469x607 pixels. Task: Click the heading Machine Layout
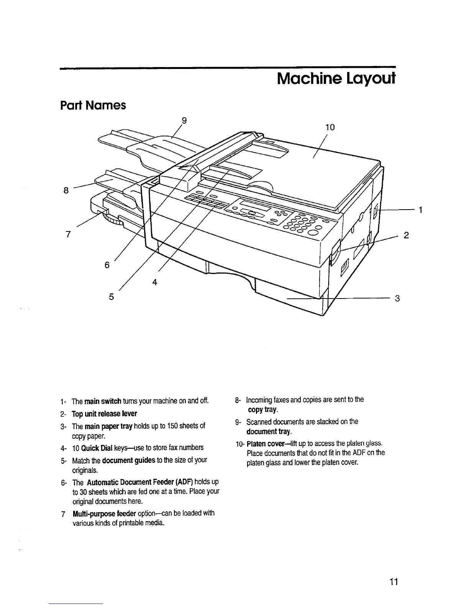[x=335, y=79]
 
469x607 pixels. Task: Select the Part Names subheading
[x=93, y=105]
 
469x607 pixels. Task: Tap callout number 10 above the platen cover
[x=330, y=128]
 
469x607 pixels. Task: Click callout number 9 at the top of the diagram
[x=184, y=121]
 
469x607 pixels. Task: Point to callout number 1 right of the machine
[x=420, y=210]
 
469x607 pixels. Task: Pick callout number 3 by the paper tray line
[x=397, y=298]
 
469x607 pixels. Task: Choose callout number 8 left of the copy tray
[x=66, y=190]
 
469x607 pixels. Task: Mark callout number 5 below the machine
[x=112, y=296]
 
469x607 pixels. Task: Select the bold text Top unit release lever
[x=104, y=414]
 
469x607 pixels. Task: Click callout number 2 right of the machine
[x=407, y=235]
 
